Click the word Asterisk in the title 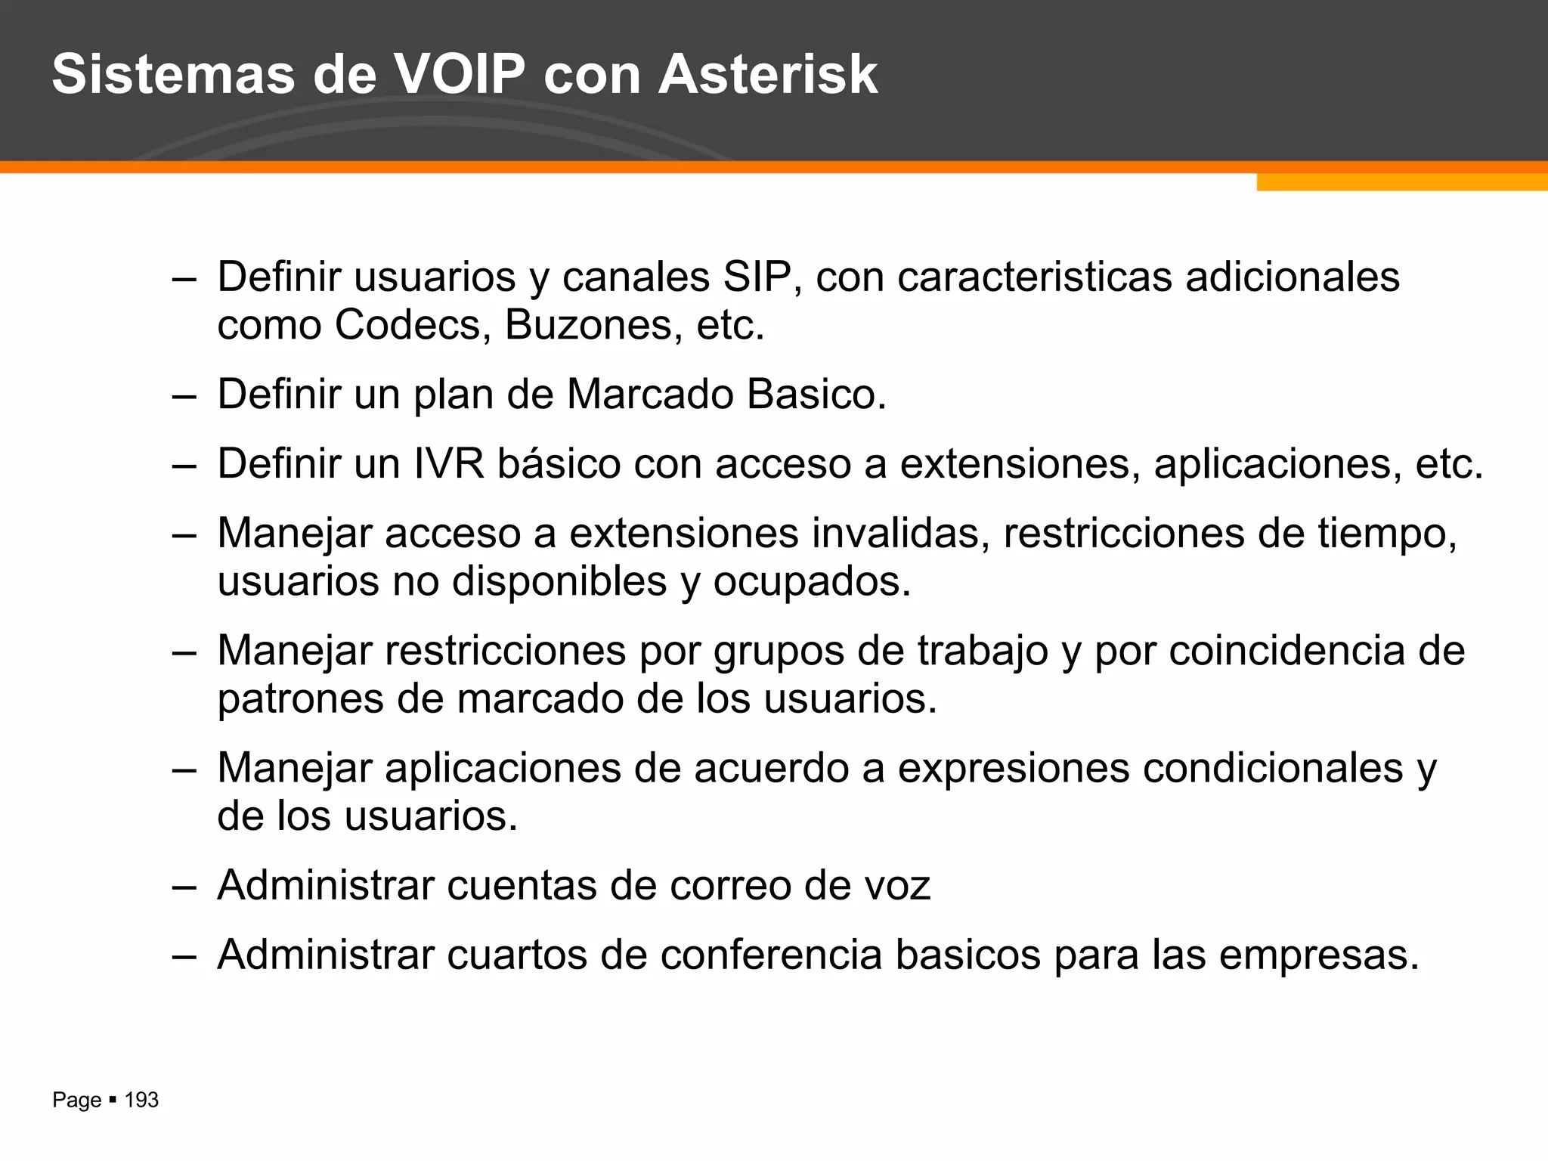[767, 74]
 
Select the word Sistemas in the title [174, 74]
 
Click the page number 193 [141, 1100]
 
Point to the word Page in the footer [76, 1101]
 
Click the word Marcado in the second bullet [649, 395]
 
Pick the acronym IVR [449, 463]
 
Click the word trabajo [982, 651]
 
